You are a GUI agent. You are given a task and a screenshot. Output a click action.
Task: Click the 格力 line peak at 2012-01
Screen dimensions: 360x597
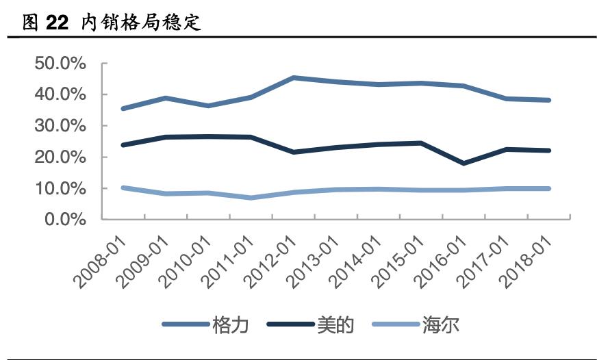tap(293, 78)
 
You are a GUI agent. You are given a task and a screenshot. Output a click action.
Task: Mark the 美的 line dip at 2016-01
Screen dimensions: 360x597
tap(463, 164)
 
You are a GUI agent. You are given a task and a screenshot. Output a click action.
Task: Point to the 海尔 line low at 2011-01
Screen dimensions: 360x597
tap(251, 198)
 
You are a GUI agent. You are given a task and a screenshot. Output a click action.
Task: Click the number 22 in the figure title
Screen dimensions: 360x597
tap(57, 23)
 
